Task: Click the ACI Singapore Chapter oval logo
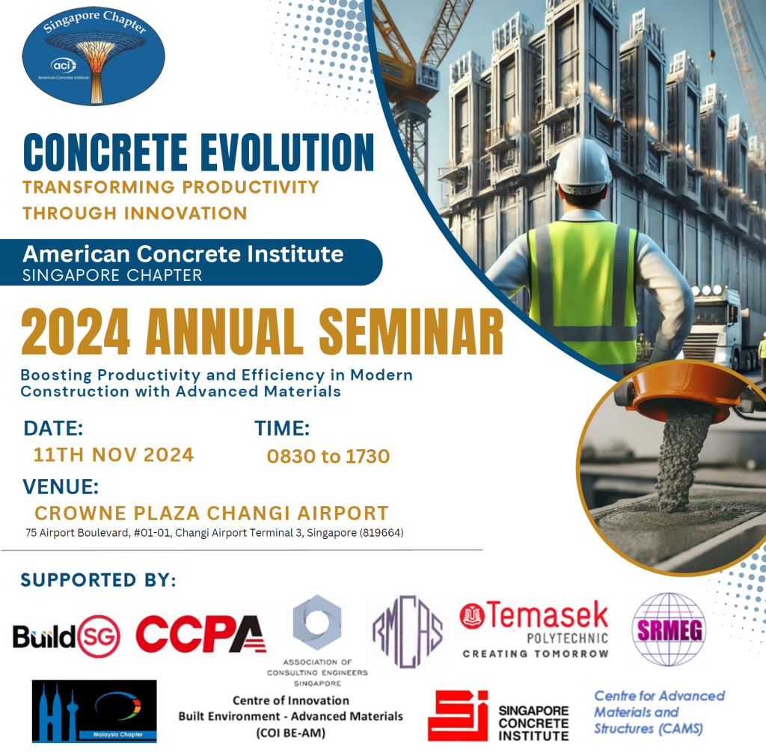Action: tap(94, 55)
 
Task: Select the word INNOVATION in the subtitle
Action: tap(186, 213)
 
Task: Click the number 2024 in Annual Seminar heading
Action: tap(76, 332)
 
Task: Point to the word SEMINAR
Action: tap(411, 332)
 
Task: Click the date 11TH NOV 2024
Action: tap(114, 454)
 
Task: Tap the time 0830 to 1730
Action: tap(328, 457)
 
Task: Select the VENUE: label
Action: tap(61, 487)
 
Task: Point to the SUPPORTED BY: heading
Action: tap(98, 580)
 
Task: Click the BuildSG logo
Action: tap(67, 636)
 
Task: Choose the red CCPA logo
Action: tap(200, 635)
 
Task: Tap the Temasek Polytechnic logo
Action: tap(534, 629)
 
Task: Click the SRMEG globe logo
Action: tap(670, 629)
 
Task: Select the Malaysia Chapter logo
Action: tap(94, 712)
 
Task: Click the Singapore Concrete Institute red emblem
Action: tap(458, 715)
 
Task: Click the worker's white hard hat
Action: tap(582, 167)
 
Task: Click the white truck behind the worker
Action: tap(718, 328)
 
